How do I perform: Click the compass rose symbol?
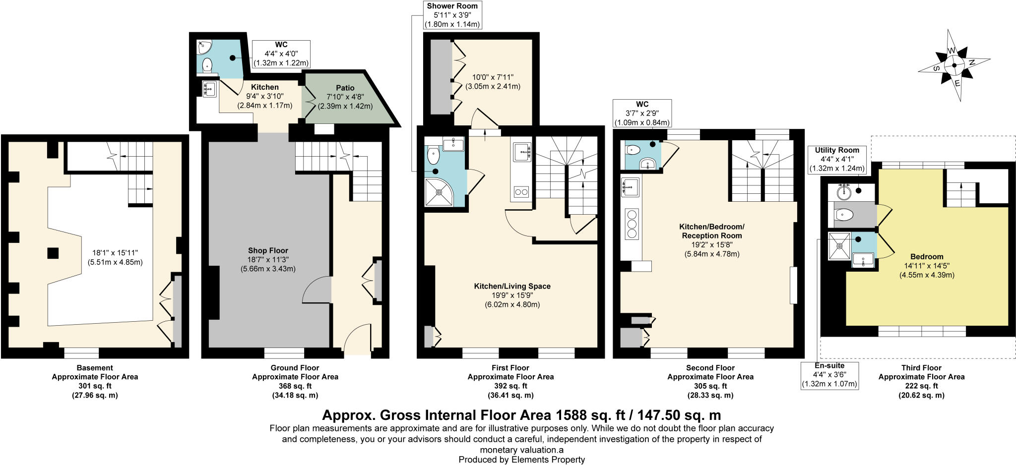953,65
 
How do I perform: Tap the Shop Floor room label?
268,251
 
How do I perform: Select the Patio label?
345,88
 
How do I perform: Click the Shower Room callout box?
452,15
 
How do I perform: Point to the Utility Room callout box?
837,159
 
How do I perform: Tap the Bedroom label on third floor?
927,257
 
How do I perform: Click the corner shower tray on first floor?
439,192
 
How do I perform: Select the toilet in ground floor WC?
207,65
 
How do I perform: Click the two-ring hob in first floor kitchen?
521,191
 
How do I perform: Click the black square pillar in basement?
53,253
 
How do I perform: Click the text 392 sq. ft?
510,386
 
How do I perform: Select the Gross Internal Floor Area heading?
521,414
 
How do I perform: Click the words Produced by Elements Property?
521,460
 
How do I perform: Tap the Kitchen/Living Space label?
512,286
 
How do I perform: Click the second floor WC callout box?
642,114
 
